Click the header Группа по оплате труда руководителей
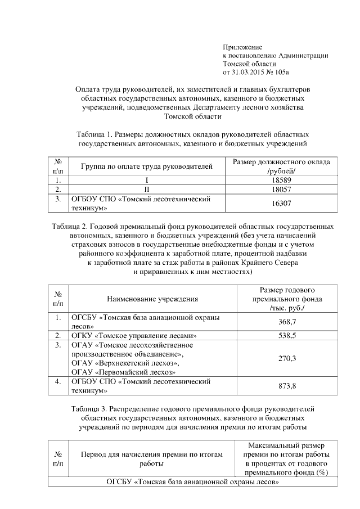pos(147,166)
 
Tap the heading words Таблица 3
pos(90,407)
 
